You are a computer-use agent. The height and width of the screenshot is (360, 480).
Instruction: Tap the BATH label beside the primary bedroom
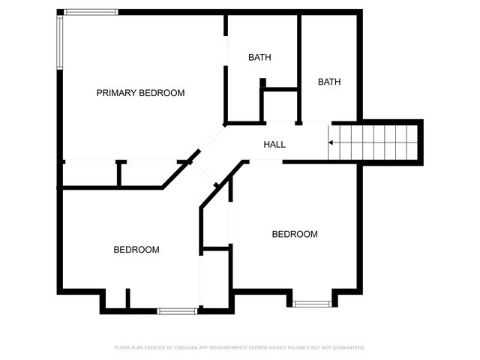point(259,58)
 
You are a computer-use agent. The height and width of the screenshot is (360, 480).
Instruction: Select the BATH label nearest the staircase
point(329,82)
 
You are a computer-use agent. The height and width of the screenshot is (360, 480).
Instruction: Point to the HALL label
point(274,144)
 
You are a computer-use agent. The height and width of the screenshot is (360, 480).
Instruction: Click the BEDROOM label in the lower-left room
point(136,250)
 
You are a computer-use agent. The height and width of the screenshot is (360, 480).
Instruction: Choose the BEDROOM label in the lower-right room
point(294,234)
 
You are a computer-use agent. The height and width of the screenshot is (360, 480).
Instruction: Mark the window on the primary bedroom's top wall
point(91,12)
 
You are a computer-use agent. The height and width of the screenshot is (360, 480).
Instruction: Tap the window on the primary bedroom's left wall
point(59,42)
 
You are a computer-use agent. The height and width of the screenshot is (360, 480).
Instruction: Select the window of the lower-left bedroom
point(177,310)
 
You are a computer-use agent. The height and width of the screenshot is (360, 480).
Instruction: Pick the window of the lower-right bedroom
point(311,303)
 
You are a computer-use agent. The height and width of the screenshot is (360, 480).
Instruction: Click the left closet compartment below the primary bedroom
point(89,174)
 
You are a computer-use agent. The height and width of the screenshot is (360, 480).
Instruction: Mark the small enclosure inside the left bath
point(279,105)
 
